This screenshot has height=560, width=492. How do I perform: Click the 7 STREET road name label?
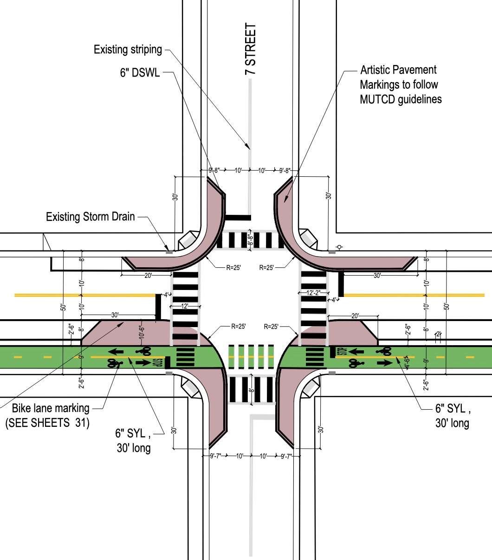251,50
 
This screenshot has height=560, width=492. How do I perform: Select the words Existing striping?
128,49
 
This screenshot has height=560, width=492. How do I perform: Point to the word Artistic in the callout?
376,71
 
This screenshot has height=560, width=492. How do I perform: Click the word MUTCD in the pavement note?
377,99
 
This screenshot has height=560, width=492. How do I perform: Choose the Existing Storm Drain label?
91,216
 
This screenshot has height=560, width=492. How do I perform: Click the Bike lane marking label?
51,408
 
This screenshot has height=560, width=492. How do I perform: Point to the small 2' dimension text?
439,334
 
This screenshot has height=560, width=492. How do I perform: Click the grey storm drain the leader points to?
169,252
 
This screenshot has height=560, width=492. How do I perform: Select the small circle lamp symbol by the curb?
340,246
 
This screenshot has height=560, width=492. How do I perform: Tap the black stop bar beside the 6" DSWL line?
238,217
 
